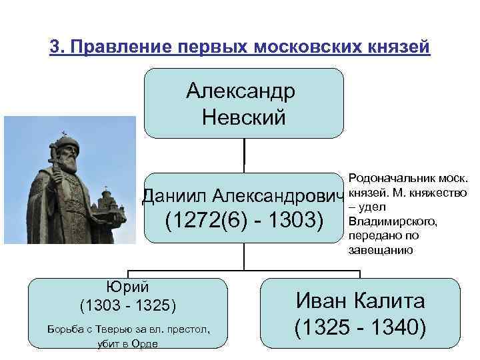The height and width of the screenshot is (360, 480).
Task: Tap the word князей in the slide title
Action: click(x=397, y=49)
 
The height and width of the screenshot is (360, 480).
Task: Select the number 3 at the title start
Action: click(x=55, y=49)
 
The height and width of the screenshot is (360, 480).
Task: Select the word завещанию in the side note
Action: click(x=380, y=250)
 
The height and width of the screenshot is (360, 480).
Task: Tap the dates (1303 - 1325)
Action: click(x=127, y=306)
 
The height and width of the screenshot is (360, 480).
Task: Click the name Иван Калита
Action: click(x=360, y=301)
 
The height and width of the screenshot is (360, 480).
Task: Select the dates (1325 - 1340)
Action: click(x=360, y=328)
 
